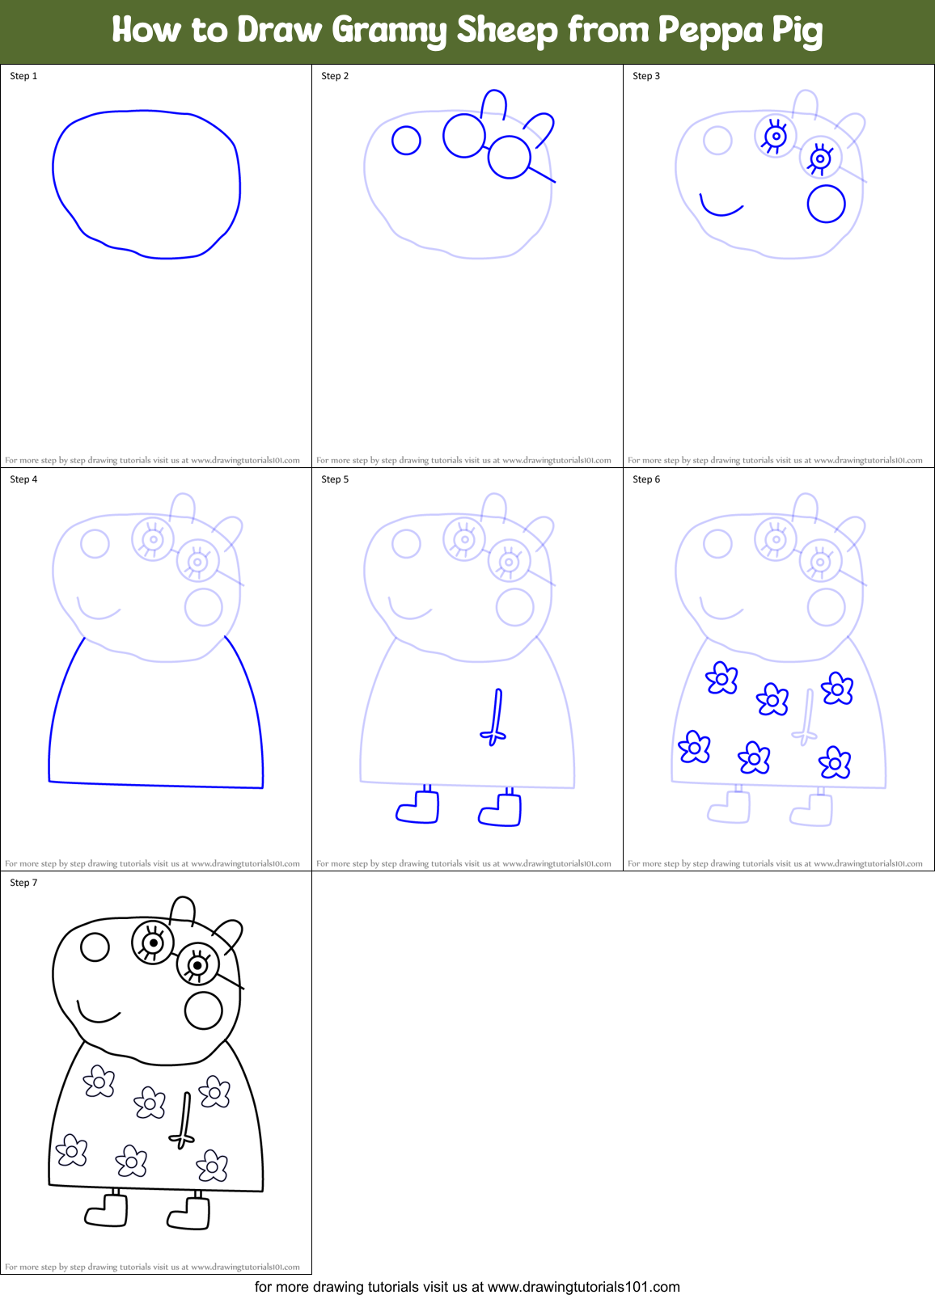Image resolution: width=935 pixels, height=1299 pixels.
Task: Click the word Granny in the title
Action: (389, 31)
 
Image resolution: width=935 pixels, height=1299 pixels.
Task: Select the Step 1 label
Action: (23, 76)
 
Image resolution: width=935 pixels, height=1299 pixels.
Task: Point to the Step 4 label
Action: (23, 479)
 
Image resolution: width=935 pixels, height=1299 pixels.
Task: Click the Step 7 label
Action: (23, 883)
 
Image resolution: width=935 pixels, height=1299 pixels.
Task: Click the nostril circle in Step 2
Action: (406, 141)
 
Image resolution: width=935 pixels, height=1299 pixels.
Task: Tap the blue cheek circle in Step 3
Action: (826, 204)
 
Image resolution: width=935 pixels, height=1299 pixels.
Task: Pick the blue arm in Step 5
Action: (496, 716)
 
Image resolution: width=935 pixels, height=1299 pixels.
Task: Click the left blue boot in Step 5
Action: (419, 808)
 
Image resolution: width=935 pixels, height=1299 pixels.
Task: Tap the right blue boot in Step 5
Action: (501, 811)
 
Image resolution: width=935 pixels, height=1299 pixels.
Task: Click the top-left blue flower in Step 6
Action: (721, 679)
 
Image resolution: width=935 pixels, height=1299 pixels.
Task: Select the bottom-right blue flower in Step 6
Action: (835, 762)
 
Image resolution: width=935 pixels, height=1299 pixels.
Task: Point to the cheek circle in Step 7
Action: (203, 1010)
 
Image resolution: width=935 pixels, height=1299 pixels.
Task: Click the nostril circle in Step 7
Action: (95, 947)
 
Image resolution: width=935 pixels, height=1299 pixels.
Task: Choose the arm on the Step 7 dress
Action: (184, 1120)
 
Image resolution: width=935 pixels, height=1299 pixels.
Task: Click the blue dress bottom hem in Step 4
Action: (155, 784)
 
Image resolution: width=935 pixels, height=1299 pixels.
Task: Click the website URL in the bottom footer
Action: (583, 1287)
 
